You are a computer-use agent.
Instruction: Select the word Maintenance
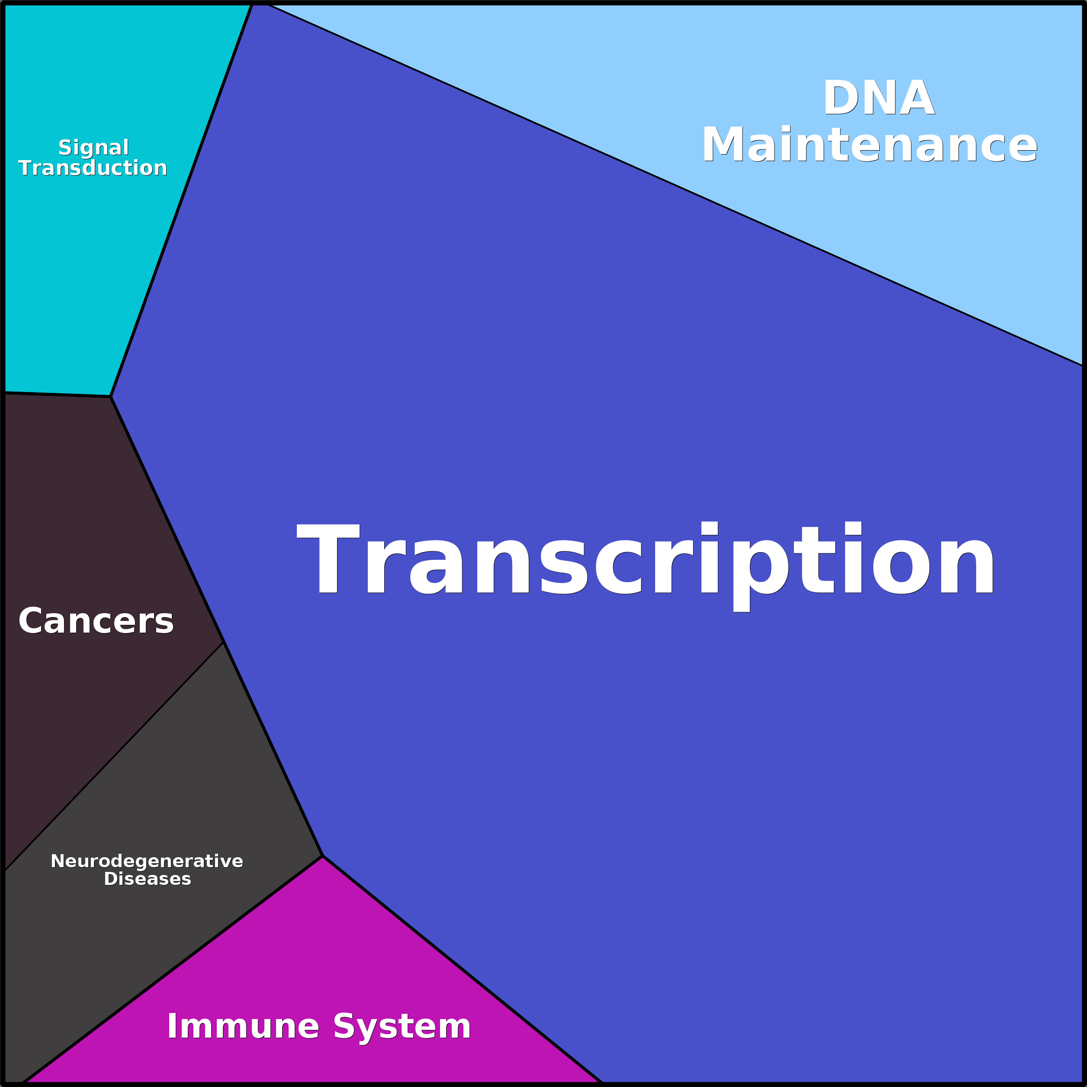(x=869, y=145)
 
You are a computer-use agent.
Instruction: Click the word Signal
(x=94, y=148)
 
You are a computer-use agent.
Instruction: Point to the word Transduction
(x=93, y=167)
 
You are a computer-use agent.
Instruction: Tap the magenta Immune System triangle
(x=315, y=990)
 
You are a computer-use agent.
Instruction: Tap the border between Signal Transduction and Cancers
(x=58, y=394)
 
